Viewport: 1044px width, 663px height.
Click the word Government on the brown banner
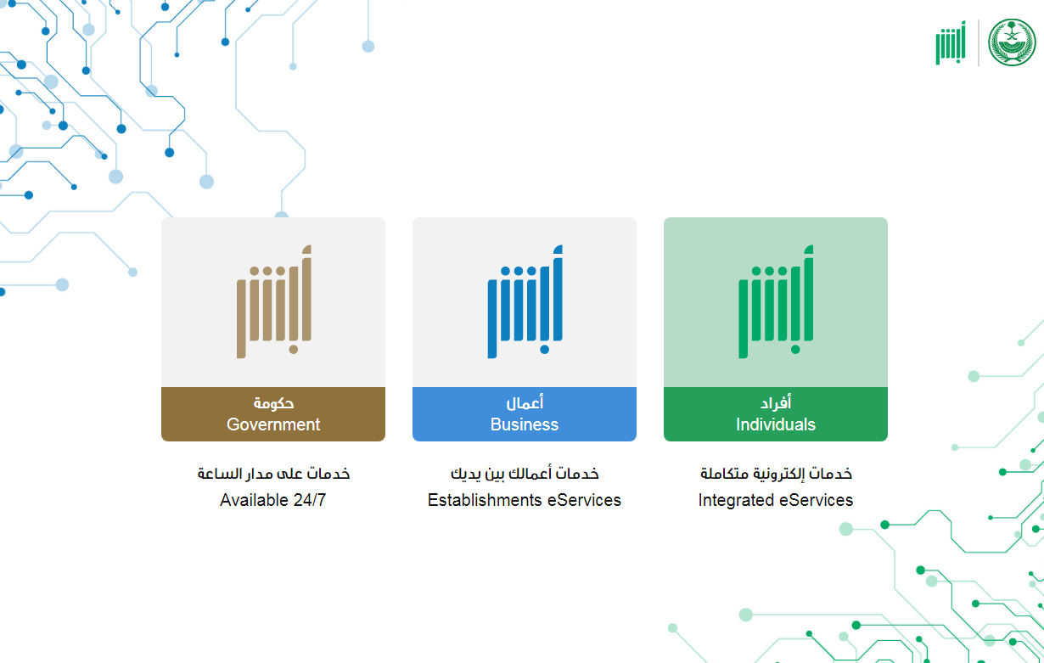tap(273, 424)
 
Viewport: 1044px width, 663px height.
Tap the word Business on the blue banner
tap(525, 424)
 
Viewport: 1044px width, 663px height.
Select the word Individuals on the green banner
tap(776, 424)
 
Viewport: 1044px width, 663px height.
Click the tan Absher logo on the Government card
tap(274, 301)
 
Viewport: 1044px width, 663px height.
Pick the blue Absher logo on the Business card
tap(525, 301)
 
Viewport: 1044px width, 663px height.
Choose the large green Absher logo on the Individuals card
tap(776, 301)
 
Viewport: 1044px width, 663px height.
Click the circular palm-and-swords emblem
tap(1012, 42)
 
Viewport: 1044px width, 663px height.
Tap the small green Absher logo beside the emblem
tap(951, 42)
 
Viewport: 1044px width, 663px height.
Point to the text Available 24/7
tap(272, 500)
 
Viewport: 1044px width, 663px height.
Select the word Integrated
tap(736, 500)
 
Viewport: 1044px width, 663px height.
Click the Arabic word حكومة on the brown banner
tap(273, 403)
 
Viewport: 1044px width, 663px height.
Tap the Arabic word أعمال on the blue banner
tap(525, 403)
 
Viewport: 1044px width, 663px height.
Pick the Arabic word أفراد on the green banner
tap(776, 403)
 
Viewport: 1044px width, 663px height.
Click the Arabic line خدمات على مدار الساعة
tap(273, 474)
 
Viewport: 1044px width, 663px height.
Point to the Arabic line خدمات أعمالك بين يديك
tap(525, 474)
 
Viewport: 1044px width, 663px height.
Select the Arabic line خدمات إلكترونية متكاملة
tap(776, 474)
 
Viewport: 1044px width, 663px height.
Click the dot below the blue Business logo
tap(544, 349)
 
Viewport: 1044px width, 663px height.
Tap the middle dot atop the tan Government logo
tap(267, 271)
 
